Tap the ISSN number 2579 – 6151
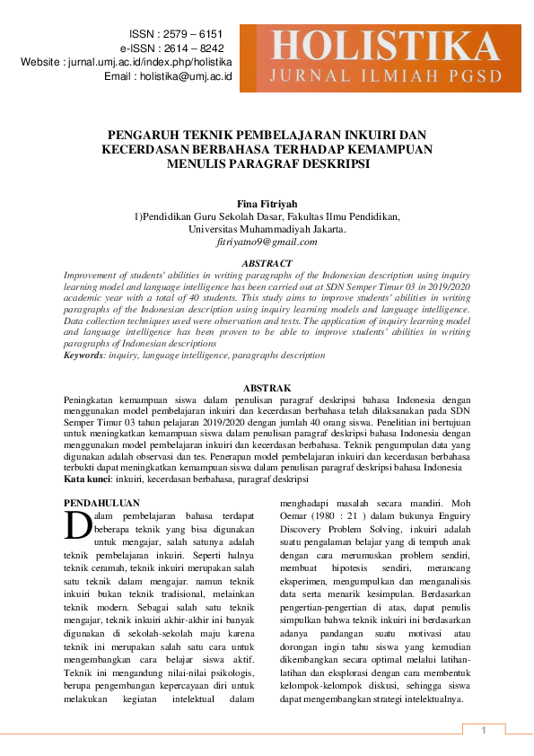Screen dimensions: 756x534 191,33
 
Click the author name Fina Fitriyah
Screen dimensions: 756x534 267,204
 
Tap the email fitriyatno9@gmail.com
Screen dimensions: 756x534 267,242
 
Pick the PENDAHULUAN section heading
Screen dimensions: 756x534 102,503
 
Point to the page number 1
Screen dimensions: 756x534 483,730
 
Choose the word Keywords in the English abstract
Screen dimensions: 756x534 83,356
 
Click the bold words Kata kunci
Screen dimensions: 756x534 89,479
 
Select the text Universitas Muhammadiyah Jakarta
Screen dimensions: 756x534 267,229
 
